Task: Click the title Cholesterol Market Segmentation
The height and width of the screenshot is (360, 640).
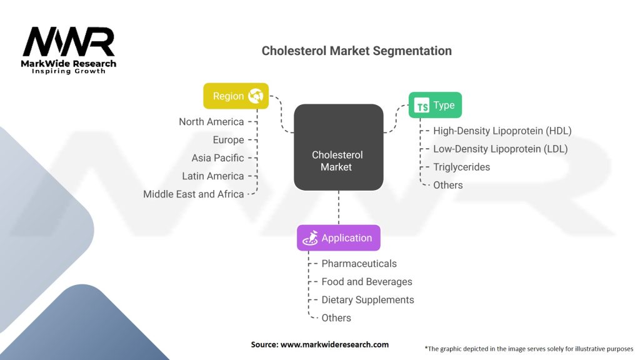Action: click(x=356, y=51)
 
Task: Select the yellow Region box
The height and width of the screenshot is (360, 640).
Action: click(x=236, y=96)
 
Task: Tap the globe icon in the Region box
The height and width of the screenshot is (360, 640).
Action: click(x=256, y=96)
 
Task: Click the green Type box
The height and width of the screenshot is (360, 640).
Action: click(x=435, y=105)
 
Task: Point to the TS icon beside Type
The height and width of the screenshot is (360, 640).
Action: click(x=422, y=106)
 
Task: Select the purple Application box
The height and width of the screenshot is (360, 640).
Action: click(x=338, y=238)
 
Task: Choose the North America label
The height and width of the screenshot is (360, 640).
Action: click(x=211, y=122)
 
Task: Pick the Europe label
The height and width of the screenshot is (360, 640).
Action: click(x=228, y=140)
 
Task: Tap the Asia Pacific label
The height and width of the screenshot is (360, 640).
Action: click(x=217, y=158)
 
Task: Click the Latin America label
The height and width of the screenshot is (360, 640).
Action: click(x=212, y=176)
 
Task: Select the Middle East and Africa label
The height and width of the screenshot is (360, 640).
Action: click(x=193, y=194)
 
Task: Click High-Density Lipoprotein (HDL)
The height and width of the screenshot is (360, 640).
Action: click(x=502, y=131)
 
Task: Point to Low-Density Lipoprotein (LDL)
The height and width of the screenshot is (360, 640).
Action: click(x=500, y=149)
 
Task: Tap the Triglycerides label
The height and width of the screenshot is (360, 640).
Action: click(x=461, y=167)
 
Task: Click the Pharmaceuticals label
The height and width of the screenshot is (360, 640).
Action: click(x=359, y=264)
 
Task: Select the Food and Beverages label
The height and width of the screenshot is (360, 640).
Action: click(x=366, y=282)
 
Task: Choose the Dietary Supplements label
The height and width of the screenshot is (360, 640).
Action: click(x=367, y=300)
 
